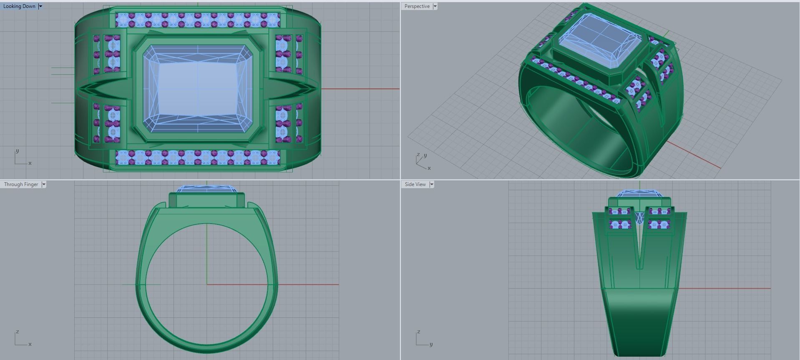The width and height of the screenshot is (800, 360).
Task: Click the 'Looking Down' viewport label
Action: [19, 6]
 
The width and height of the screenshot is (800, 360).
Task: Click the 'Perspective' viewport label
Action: [417, 6]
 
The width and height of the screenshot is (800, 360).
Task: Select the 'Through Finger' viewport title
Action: [21, 184]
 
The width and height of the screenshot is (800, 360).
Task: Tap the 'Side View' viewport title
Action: [415, 184]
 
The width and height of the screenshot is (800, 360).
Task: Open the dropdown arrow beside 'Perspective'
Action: [435, 6]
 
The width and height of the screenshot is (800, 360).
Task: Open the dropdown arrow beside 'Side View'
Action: [432, 184]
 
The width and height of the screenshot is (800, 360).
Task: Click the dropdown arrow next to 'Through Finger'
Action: [44, 184]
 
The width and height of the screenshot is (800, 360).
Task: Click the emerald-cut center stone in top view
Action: [198, 88]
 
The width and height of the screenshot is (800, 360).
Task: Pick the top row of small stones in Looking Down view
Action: [198, 19]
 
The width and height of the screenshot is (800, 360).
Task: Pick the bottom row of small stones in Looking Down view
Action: [198, 157]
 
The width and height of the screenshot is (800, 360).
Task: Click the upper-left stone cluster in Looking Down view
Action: [107, 54]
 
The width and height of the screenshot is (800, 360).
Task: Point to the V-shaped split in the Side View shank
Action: [640, 250]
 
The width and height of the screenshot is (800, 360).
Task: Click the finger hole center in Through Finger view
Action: [207, 284]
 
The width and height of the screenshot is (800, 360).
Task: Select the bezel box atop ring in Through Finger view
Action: [206, 200]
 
